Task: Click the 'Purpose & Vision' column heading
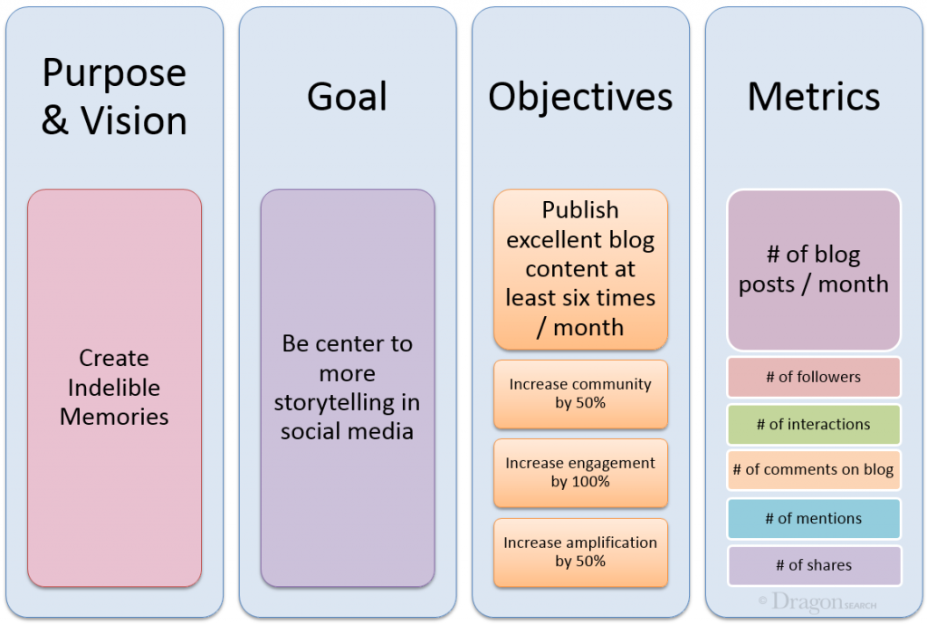[114, 97]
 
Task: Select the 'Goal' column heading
[347, 97]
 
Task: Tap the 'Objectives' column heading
[580, 97]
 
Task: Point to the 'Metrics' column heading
[813, 97]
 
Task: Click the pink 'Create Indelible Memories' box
[114, 388]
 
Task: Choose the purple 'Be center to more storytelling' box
[347, 388]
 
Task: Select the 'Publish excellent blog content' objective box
[580, 269]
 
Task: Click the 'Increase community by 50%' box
[580, 394]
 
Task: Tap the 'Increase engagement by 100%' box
[580, 473]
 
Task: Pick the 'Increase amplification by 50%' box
[580, 552]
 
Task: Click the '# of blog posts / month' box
[813, 270]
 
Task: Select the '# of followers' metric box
[813, 377]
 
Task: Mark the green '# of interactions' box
[813, 424]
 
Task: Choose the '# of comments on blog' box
[813, 470]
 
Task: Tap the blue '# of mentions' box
[813, 518]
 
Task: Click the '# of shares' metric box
[813, 565]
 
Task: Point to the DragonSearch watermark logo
[817, 602]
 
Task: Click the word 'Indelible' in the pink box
[114, 388]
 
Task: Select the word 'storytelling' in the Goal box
[347, 402]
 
